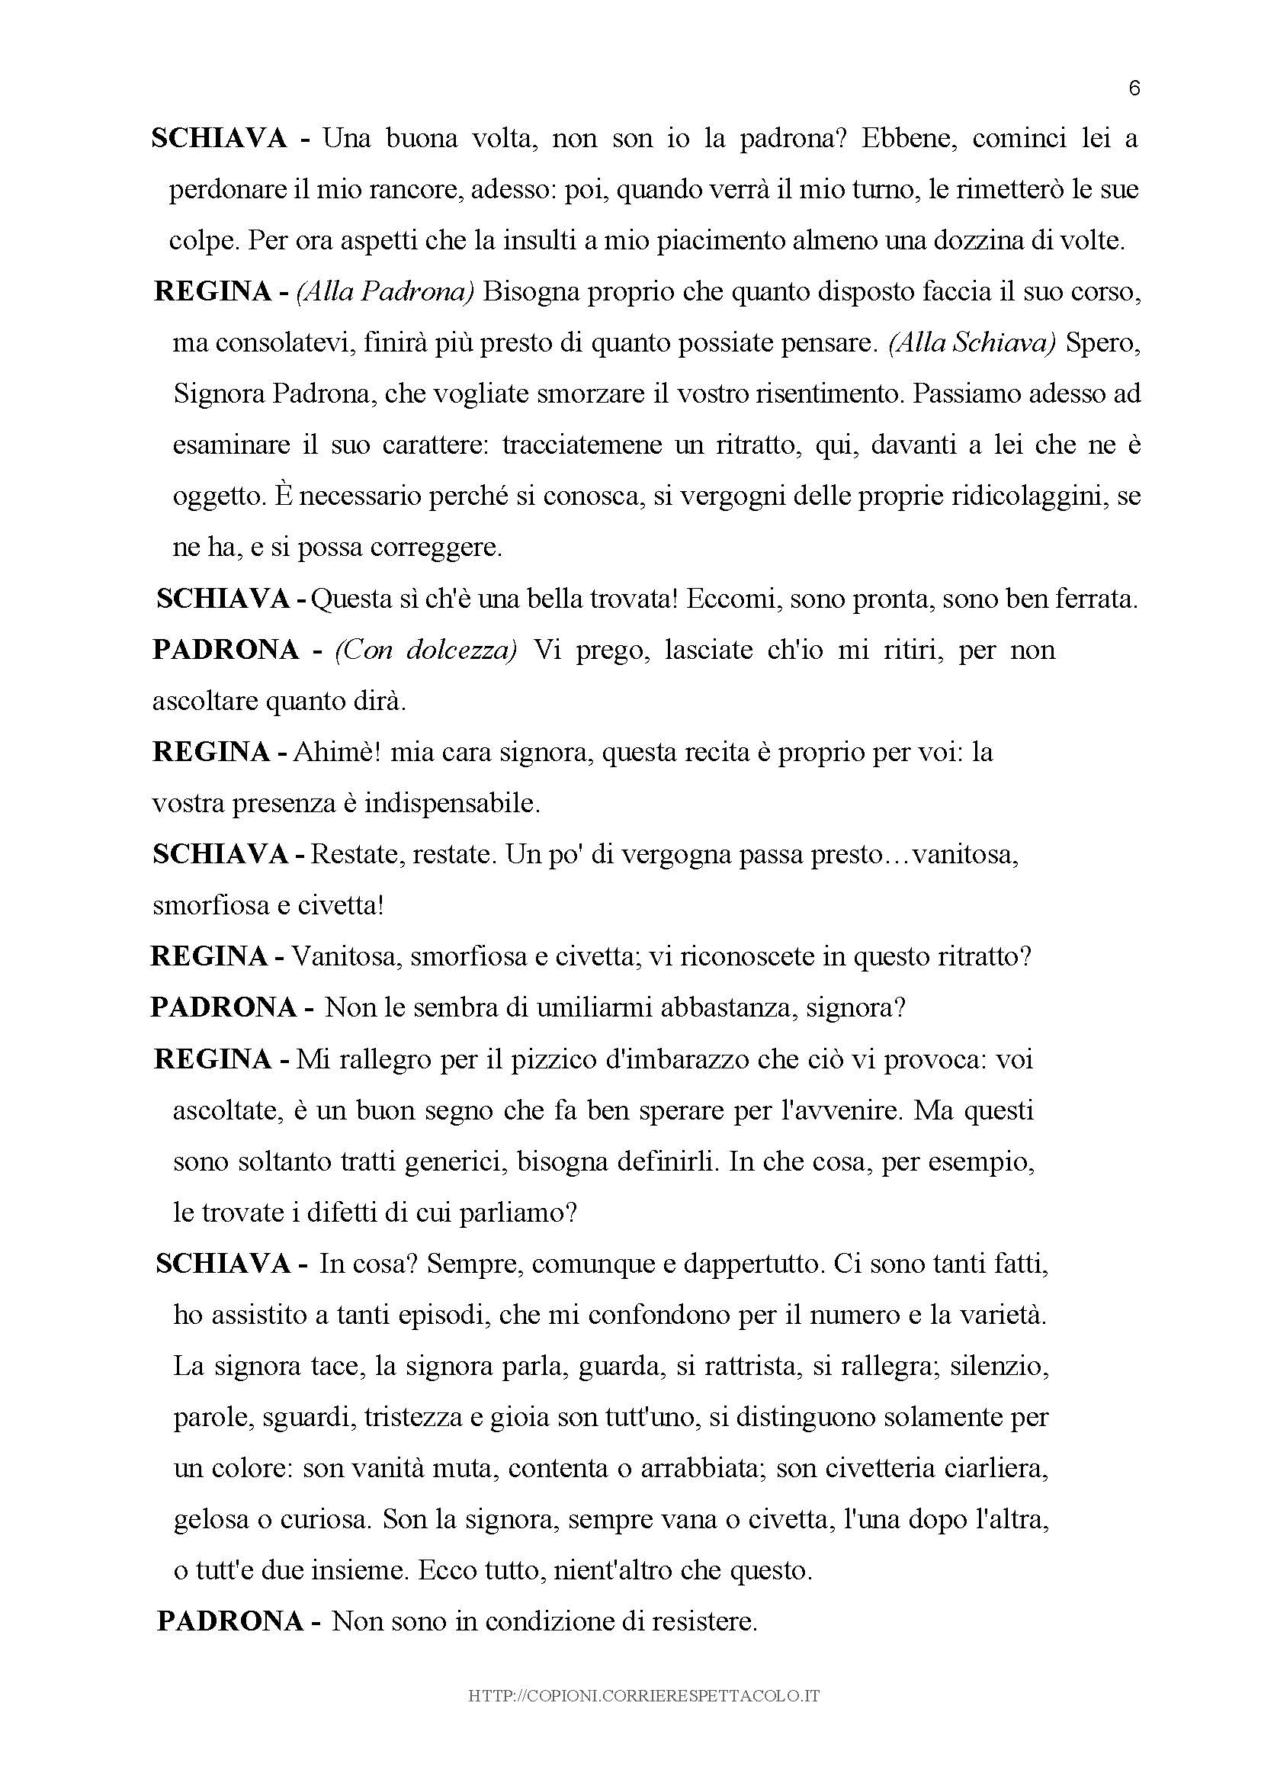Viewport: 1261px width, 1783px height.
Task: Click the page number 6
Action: point(1134,88)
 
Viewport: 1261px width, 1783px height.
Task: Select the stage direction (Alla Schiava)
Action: point(972,343)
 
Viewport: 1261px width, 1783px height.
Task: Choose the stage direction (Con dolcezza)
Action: point(425,650)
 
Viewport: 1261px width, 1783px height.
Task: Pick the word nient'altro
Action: point(612,1572)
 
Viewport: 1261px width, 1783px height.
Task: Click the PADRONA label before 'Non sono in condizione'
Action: point(230,1623)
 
